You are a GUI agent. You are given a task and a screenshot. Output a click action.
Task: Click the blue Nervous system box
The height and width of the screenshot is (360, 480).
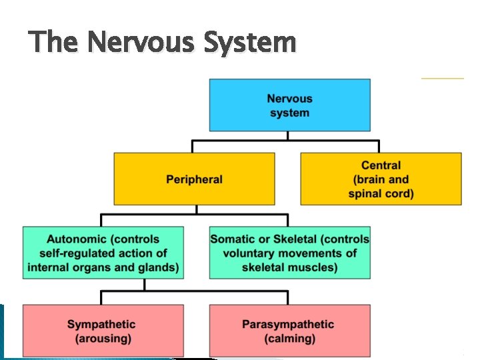(289, 105)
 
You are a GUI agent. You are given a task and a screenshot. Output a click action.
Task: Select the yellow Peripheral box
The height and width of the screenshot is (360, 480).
(194, 179)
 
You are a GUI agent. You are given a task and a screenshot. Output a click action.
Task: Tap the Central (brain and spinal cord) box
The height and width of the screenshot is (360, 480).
(381, 179)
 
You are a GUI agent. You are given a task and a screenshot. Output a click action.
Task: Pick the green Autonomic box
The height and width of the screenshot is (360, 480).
(103, 253)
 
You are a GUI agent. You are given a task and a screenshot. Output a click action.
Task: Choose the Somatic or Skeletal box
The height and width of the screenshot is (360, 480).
(289, 253)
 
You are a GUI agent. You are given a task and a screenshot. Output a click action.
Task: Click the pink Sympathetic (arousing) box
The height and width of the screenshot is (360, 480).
(103, 331)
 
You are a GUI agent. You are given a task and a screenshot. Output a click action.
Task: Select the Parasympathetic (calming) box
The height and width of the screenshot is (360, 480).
(289, 331)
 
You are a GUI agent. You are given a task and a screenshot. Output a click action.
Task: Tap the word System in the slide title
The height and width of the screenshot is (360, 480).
(250, 43)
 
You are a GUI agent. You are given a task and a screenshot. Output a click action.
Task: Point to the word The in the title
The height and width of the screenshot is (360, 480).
(55, 43)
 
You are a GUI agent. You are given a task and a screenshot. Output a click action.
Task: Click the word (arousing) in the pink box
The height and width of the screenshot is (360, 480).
(101, 339)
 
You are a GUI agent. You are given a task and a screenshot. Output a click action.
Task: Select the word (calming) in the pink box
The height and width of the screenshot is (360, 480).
(289, 339)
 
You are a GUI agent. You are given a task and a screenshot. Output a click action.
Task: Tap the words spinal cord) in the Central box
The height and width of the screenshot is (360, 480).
(381, 193)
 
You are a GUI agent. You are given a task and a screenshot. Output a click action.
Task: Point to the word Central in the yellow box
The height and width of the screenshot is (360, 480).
(381, 165)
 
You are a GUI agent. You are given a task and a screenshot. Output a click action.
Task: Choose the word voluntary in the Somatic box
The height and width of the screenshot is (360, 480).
(250, 253)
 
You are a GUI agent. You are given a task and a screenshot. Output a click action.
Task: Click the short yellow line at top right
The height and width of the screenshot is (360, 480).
(442, 78)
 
